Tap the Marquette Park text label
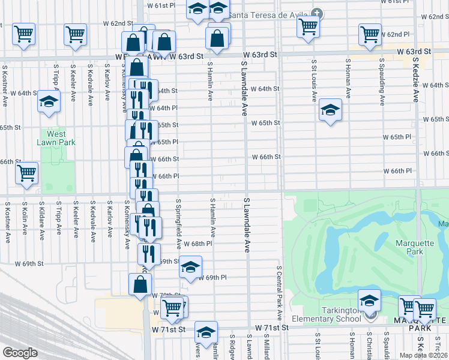coord(410,247)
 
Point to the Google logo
coord(20,353)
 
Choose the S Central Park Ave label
coord(279,294)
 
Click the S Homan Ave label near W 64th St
coord(348,82)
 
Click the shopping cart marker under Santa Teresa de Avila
coord(308,25)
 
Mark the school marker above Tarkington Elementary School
coord(369,299)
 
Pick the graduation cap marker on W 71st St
coord(206,332)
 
